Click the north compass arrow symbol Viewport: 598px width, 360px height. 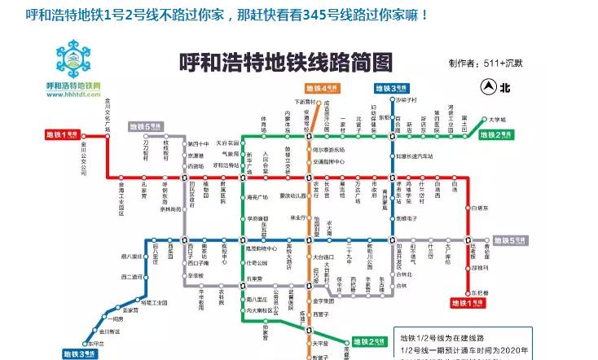click(x=488, y=85)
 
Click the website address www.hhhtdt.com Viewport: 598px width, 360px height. click(x=73, y=94)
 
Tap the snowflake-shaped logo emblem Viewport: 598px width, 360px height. click(x=74, y=59)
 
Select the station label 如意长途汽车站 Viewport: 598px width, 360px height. click(x=414, y=156)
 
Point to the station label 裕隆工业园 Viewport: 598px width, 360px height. click(x=154, y=303)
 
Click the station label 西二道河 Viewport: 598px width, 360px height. click(x=131, y=277)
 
